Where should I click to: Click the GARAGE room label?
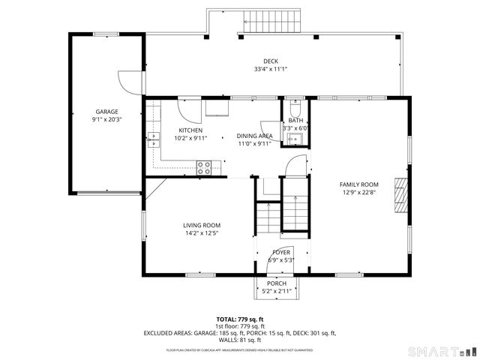coord(106,112)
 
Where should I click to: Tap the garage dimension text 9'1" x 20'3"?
coord(106,118)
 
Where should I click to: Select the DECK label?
coord(270,61)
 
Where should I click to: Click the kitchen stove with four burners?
coord(204,168)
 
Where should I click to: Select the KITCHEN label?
coord(190,130)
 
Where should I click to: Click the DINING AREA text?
coord(254,136)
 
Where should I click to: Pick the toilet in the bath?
coord(295,106)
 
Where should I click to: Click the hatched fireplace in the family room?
coord(401,192)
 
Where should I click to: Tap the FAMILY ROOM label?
coord(358,184)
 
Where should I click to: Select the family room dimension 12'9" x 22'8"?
coord(358,192)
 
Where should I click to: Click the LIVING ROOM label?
coord(202,225)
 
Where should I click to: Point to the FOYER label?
coord(281,253)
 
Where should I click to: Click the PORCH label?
coord(277,283)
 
